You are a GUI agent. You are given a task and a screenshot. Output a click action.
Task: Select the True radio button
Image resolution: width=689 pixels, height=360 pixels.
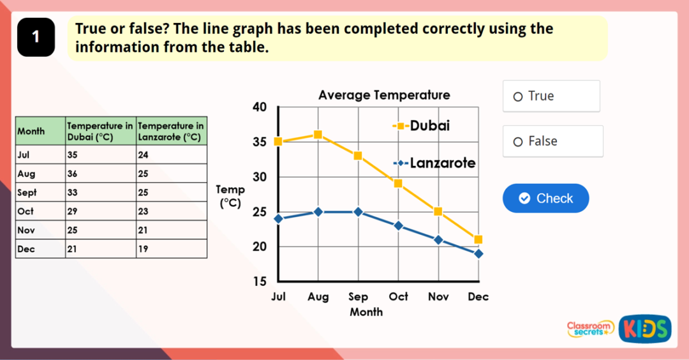[518, 96]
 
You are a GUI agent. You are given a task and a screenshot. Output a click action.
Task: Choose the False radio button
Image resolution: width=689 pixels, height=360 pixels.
[518, 142]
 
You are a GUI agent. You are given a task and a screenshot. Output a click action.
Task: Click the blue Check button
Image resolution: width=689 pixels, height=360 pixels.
[545, 199]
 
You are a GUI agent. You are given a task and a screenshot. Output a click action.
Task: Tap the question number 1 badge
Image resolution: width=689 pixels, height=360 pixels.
[36, 37]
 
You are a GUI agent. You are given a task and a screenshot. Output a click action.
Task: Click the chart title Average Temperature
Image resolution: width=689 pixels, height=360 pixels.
[384, 95]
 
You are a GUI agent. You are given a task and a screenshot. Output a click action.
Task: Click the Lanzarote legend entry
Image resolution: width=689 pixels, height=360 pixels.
[434, 163]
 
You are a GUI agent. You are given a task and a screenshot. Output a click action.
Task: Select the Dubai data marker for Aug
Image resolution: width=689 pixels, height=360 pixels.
[318, 135]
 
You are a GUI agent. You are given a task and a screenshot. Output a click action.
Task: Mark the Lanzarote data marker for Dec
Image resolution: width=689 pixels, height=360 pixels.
[478, 254]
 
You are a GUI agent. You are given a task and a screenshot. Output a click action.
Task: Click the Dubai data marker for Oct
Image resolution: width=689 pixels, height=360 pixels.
[398, 183]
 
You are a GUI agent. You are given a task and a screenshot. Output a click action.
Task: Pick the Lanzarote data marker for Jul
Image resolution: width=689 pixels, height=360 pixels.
[278, 219]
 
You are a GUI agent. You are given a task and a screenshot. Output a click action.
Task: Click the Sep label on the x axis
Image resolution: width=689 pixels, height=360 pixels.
[358, 297]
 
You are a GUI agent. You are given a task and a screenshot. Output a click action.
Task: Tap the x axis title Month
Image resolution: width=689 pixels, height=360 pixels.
[366, 312]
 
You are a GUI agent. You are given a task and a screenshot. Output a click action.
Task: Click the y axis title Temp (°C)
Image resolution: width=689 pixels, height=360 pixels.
[230, 196]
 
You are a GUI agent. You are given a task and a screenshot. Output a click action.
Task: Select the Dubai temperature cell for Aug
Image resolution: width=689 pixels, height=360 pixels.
[100, 174]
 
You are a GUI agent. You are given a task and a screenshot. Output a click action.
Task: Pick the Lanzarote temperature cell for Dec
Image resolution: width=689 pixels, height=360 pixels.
[171, 249]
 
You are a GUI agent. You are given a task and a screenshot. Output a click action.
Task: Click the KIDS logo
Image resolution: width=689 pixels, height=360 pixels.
[644, 329]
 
